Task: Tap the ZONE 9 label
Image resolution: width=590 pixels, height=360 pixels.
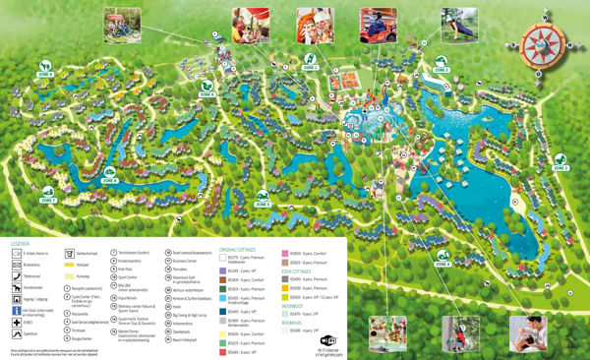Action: tap(44, 72)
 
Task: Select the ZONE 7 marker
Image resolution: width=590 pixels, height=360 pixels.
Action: tap(46, 200)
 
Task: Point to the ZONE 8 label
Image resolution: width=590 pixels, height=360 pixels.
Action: tap(106, 181)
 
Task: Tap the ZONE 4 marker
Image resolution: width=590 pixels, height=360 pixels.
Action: tap(443, 265)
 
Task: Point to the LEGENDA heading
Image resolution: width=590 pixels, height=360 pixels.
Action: tap(20, 243)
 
